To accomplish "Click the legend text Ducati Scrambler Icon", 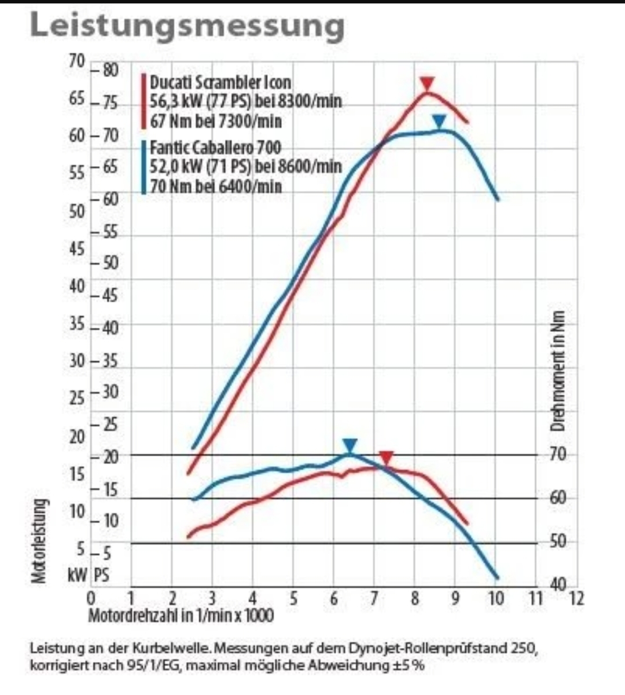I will coord(220,82).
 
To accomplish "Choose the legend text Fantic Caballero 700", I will coord(215,147).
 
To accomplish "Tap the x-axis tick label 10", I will coord(495,598).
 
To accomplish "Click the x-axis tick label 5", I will coord(293,598).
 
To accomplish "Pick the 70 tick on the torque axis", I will coord(558,455).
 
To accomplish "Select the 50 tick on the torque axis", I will coord(558,542).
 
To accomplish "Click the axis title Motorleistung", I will coord(39,541).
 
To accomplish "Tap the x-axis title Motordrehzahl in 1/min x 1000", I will coord(181,615).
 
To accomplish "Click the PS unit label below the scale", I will coord(101,575).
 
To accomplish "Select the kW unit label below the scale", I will coord(78,575).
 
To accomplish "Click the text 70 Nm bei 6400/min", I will coord(216,186).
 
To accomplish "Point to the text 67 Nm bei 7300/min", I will coord(216,122).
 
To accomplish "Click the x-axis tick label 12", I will coord(576,598).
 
